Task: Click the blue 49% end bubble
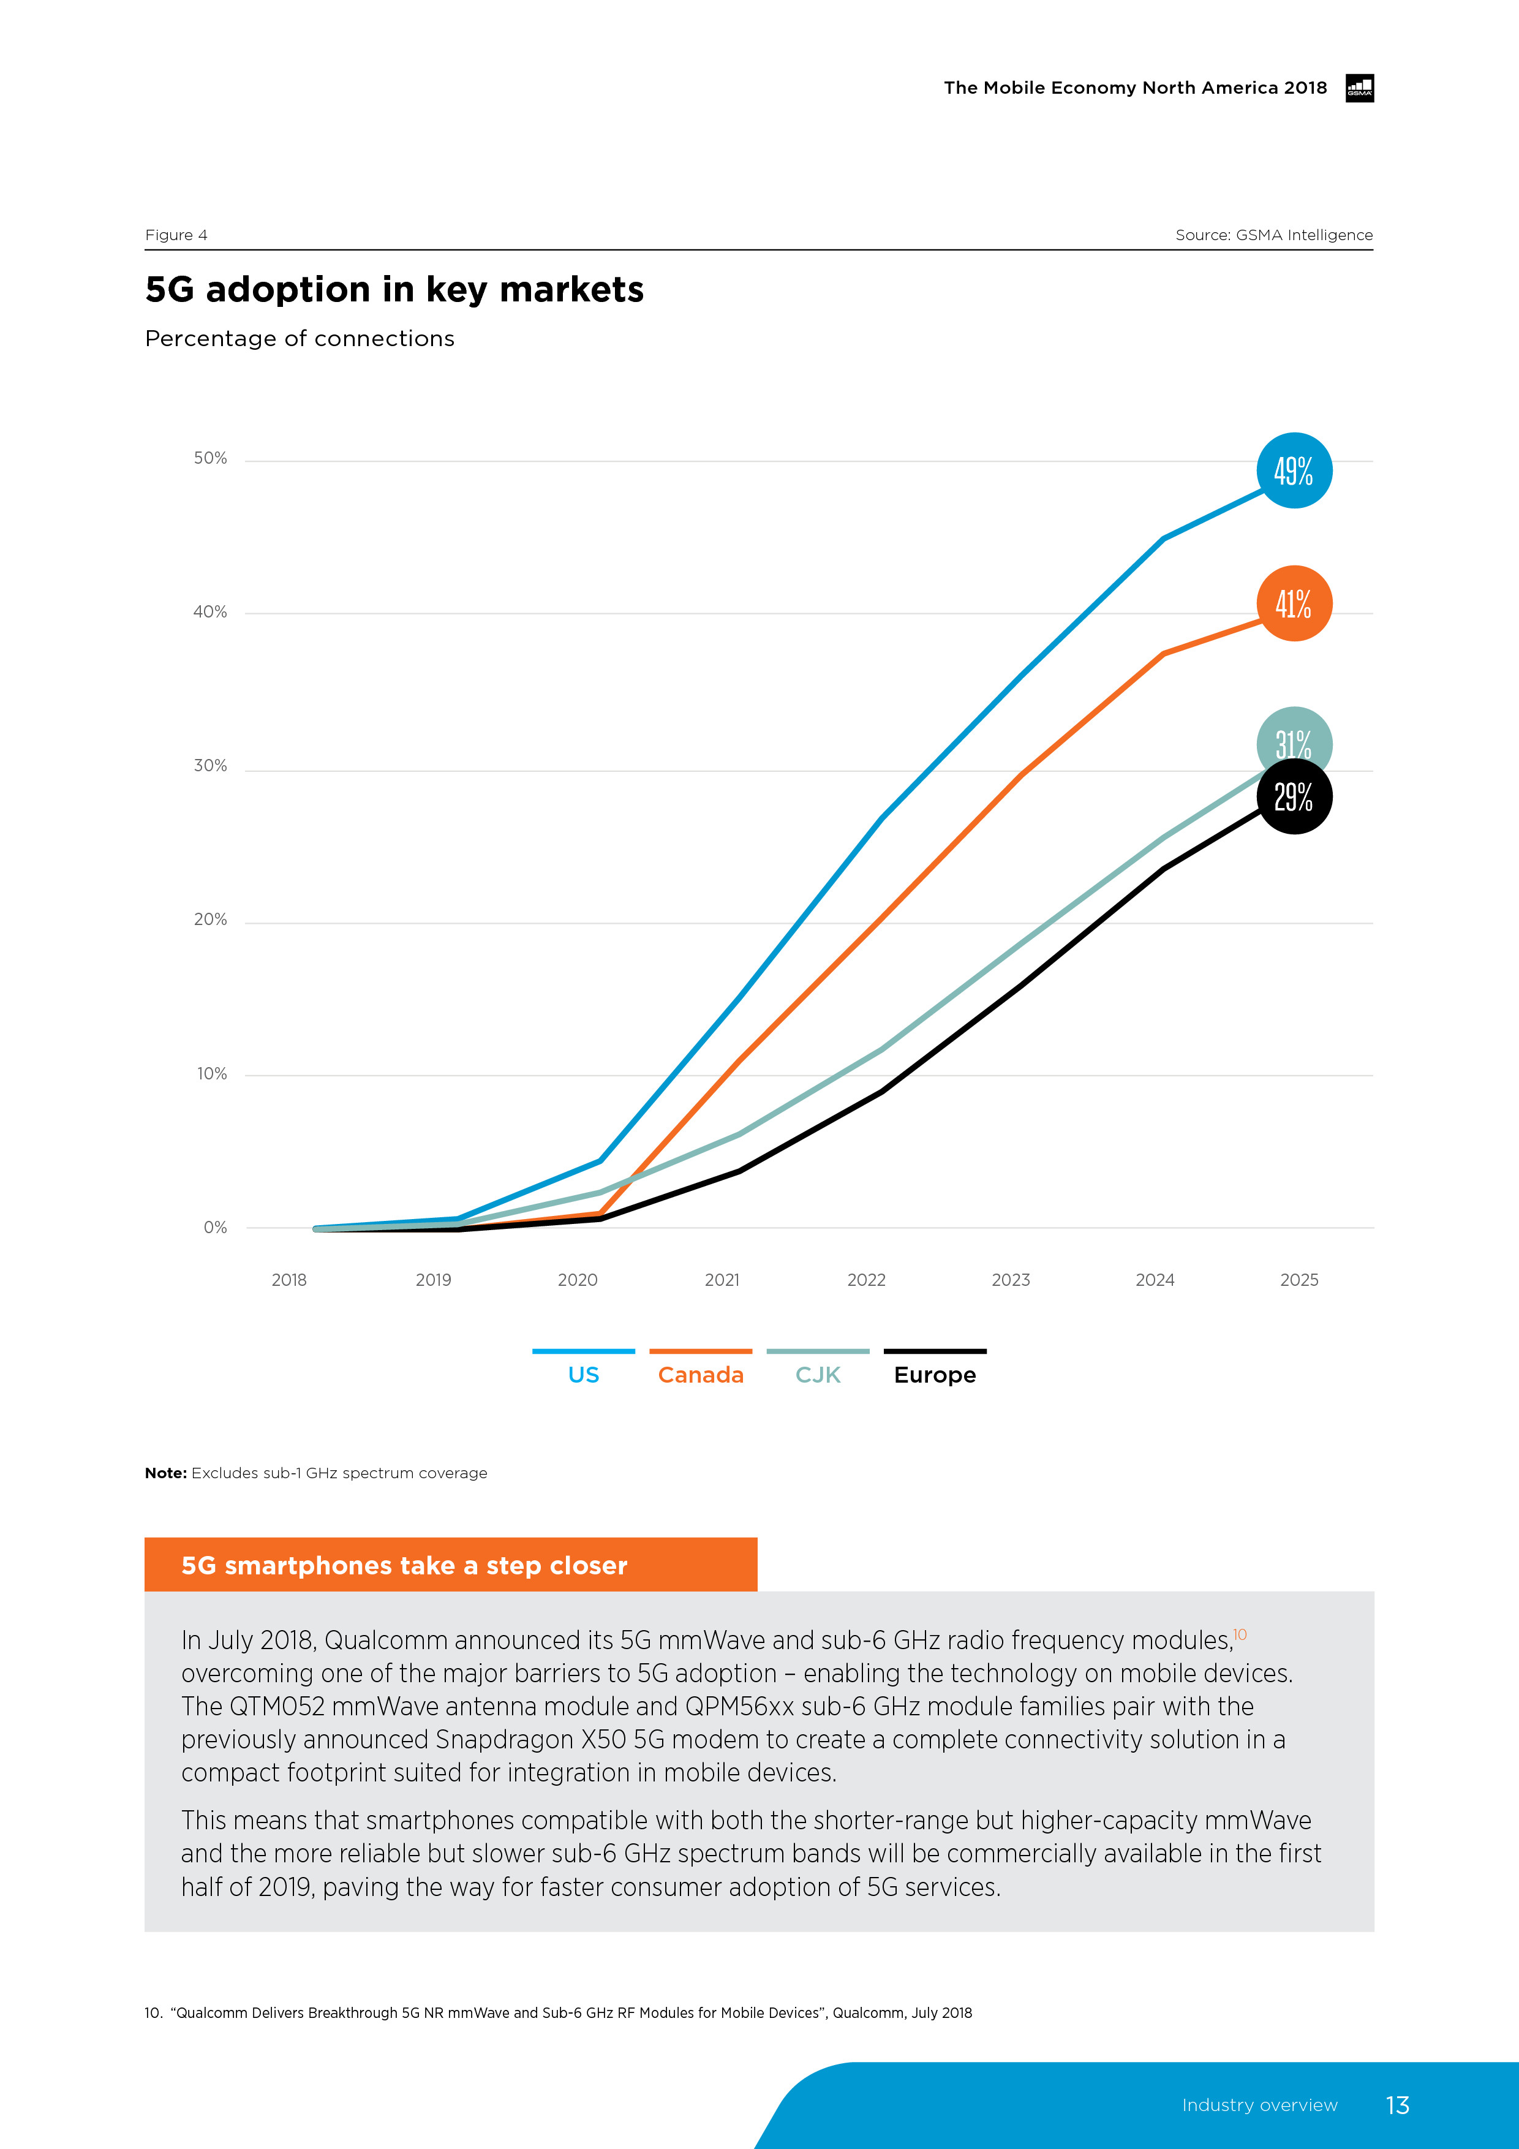[1294, 471]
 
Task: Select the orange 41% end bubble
[1294, 603]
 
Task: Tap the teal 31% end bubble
[1294, 739]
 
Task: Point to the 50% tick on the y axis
[211, 459]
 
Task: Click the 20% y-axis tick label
[211, 920]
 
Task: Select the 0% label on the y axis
[215, 1228]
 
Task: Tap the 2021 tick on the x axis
[722, 1280]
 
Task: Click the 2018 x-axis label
[289, 1280]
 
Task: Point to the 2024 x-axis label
[1155, 1280]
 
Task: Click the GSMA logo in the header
[1359, 88]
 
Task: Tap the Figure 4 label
[176, 235]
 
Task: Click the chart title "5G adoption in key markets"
[394, 289]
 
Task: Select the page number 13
[1397, 2105]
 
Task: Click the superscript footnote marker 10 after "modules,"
[1240, 1634]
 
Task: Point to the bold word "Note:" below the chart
[165, 1473]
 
